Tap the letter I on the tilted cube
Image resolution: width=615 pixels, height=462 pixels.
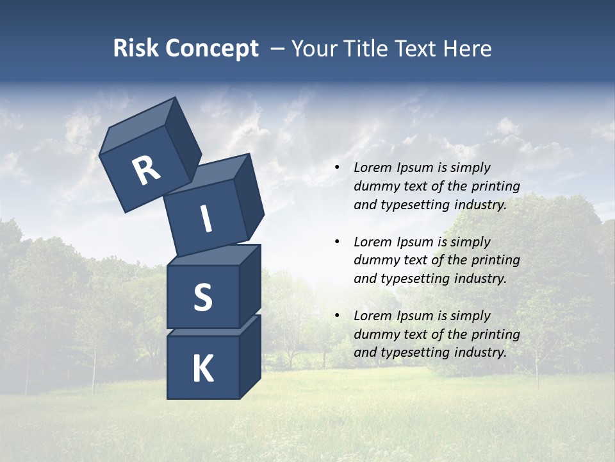[x=206, y=219]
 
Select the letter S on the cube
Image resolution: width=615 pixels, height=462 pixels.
[x=202, y=297]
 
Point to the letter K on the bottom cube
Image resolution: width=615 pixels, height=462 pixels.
[x=202, y=369]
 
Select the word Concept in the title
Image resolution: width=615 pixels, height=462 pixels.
[x=211, y=49]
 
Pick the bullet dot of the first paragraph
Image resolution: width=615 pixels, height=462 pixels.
[x=337, y=168]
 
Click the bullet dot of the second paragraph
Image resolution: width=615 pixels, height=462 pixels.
[x=337, y=243]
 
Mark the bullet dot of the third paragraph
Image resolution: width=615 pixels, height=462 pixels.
[x=337, y=316]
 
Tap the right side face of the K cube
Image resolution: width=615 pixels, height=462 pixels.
[x=250, y=356]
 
